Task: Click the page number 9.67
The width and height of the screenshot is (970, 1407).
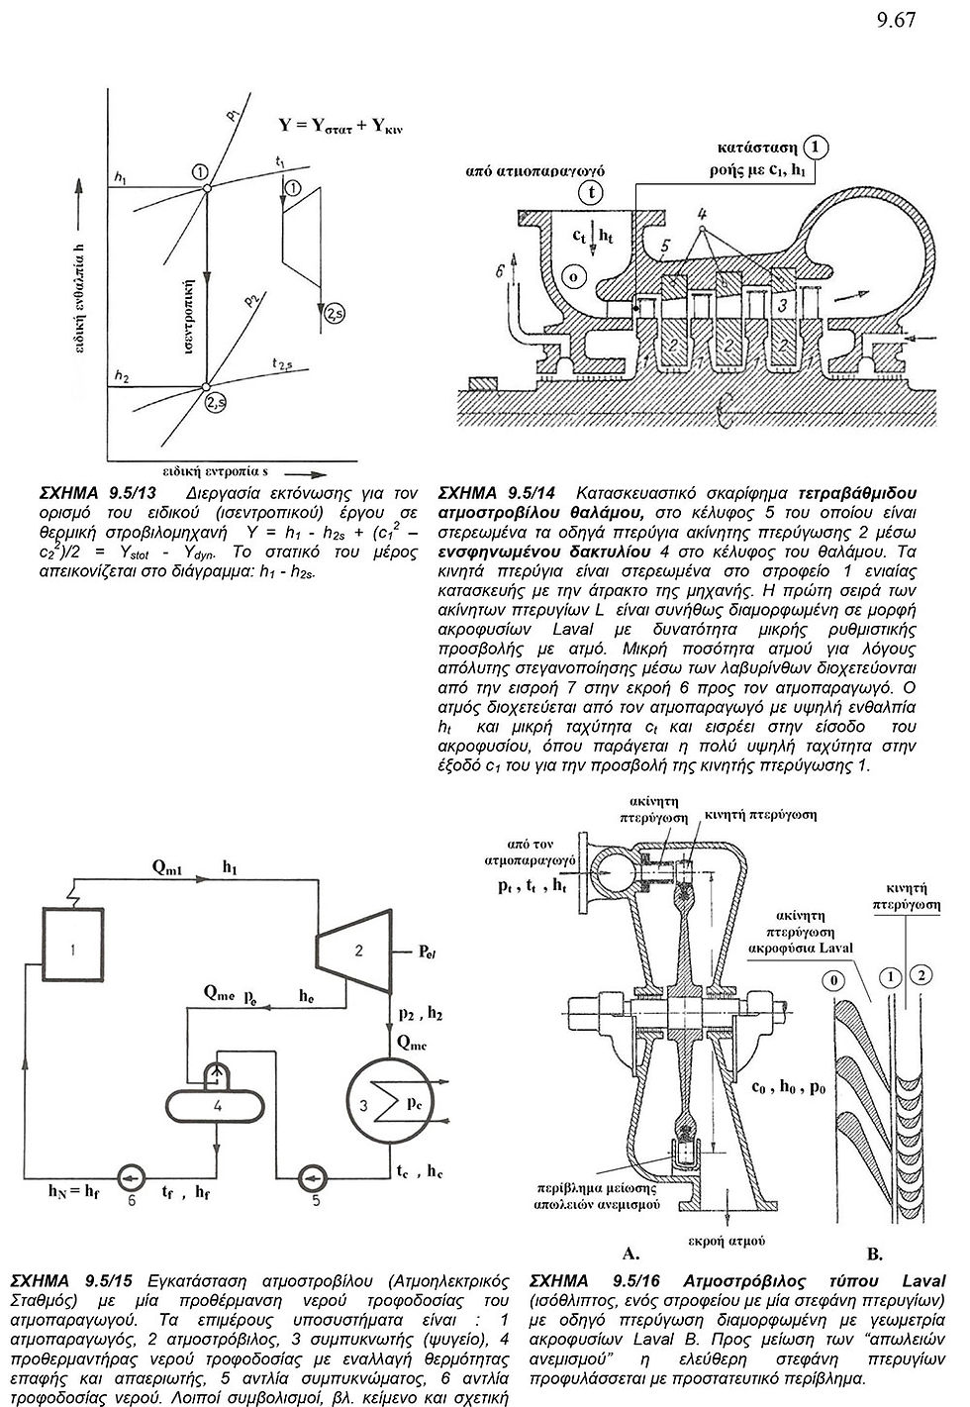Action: pos(896,20)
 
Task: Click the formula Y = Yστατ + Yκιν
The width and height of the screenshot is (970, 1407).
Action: pos(340,126)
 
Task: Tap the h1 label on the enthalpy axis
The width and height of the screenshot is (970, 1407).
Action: pos(120,178)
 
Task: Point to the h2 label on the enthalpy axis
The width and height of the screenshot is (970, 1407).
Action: pos(121,377)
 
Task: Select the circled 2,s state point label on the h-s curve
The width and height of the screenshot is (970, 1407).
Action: pos(215,404)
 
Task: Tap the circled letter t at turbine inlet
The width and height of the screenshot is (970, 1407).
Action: pos(590,193)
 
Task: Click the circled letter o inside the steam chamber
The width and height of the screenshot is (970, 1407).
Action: pos(573,276)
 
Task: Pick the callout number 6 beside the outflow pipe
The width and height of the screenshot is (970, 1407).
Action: pos(500,271)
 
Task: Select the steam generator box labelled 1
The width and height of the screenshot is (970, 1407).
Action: pos(73,951)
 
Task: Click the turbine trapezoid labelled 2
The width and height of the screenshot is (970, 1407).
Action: pos(354,951)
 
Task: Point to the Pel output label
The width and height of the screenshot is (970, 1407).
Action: pos(428,952)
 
